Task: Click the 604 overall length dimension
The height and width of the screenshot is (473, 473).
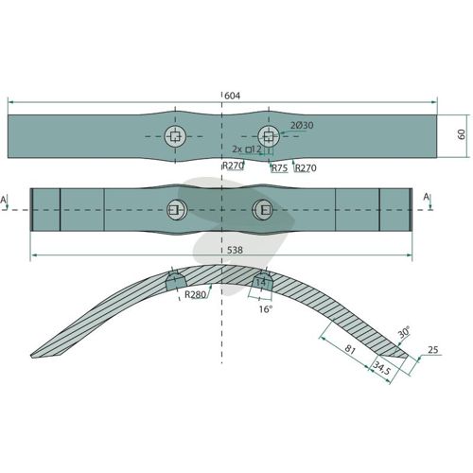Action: [x=232, y=96]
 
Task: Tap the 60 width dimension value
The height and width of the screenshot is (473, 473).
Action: [x=461, y=134]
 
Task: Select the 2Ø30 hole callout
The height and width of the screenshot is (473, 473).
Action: [x=302, y=126]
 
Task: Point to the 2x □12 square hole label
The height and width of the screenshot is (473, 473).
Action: [x=247, y=149]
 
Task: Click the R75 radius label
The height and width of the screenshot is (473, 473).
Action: [x=280, y=168]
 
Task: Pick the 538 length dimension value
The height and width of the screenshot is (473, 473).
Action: [x=235, y=250]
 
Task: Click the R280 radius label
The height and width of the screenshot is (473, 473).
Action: [x=195, y=295]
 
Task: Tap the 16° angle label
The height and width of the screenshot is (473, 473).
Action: [x=265, y=309]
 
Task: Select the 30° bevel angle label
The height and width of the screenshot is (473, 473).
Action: [x=404, y=332]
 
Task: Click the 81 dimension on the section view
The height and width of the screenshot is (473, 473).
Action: [x=350, y=349]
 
